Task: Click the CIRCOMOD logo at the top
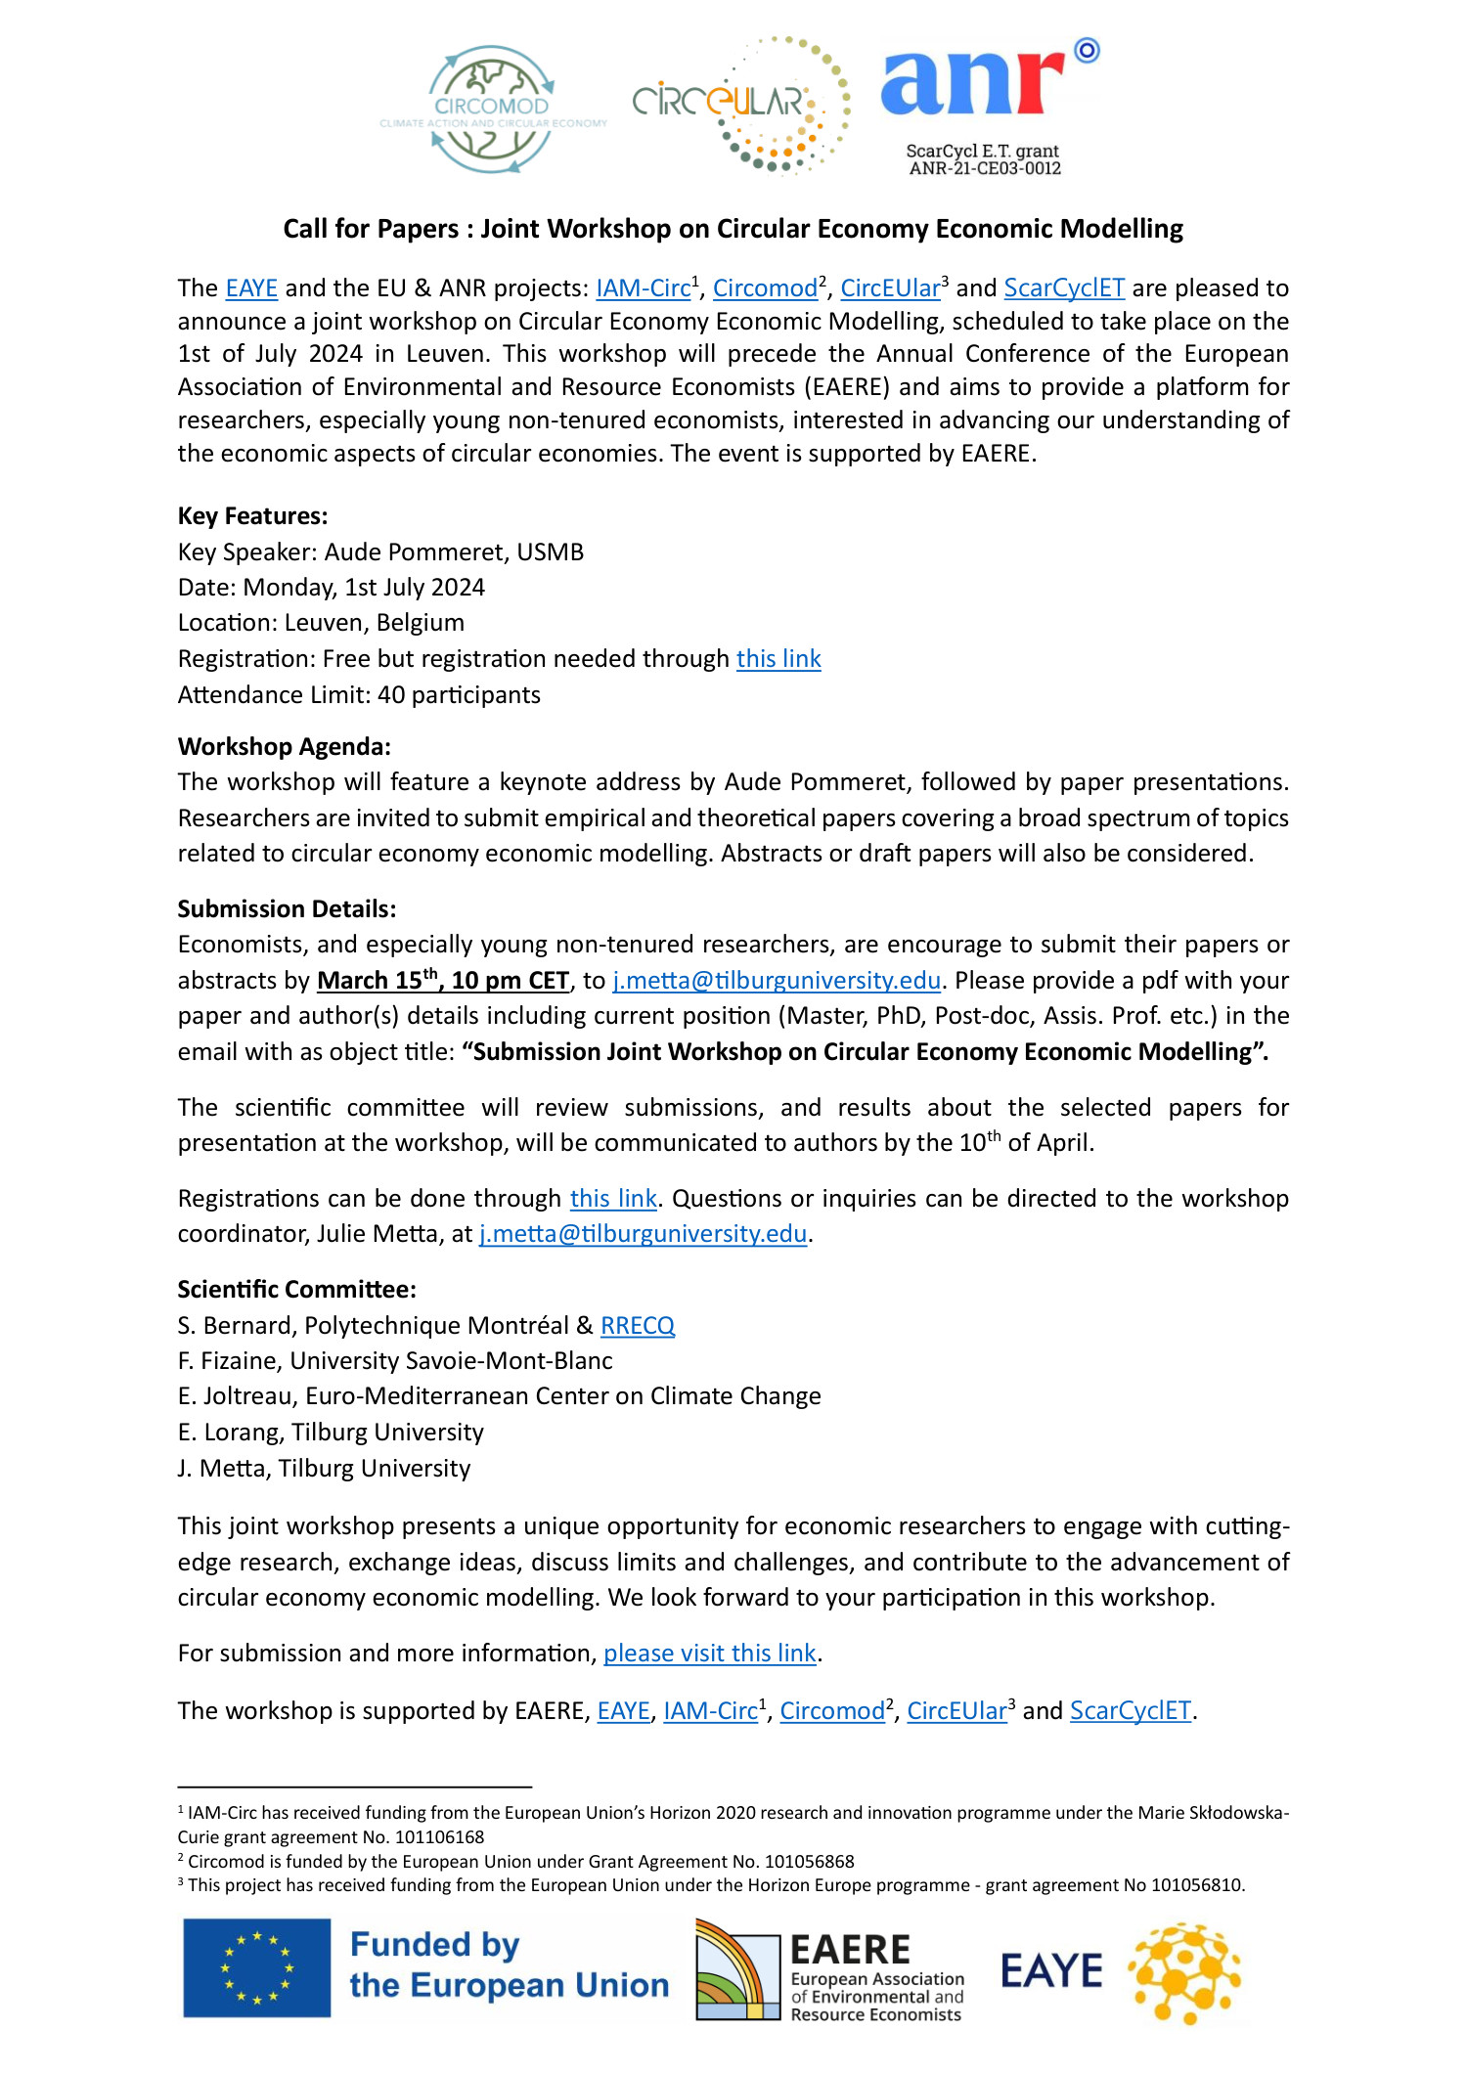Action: tap(492, 110)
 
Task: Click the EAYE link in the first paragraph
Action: tap(251, 288)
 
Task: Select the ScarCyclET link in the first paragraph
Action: tap(1064, 288)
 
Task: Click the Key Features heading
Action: tap(252, 516)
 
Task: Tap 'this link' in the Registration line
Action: tap(778, 659)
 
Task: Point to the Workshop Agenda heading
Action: tap(284, 747)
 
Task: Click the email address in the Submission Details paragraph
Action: tap(777, 981)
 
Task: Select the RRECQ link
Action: tap(638, 1326)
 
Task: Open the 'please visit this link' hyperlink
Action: tap(709, 1654)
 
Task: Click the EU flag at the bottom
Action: tap(256, 1967)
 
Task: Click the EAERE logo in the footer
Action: tap(829, 1969)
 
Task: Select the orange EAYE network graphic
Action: tap(1184, 1971)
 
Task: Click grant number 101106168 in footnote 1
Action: tap(439, 1837)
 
